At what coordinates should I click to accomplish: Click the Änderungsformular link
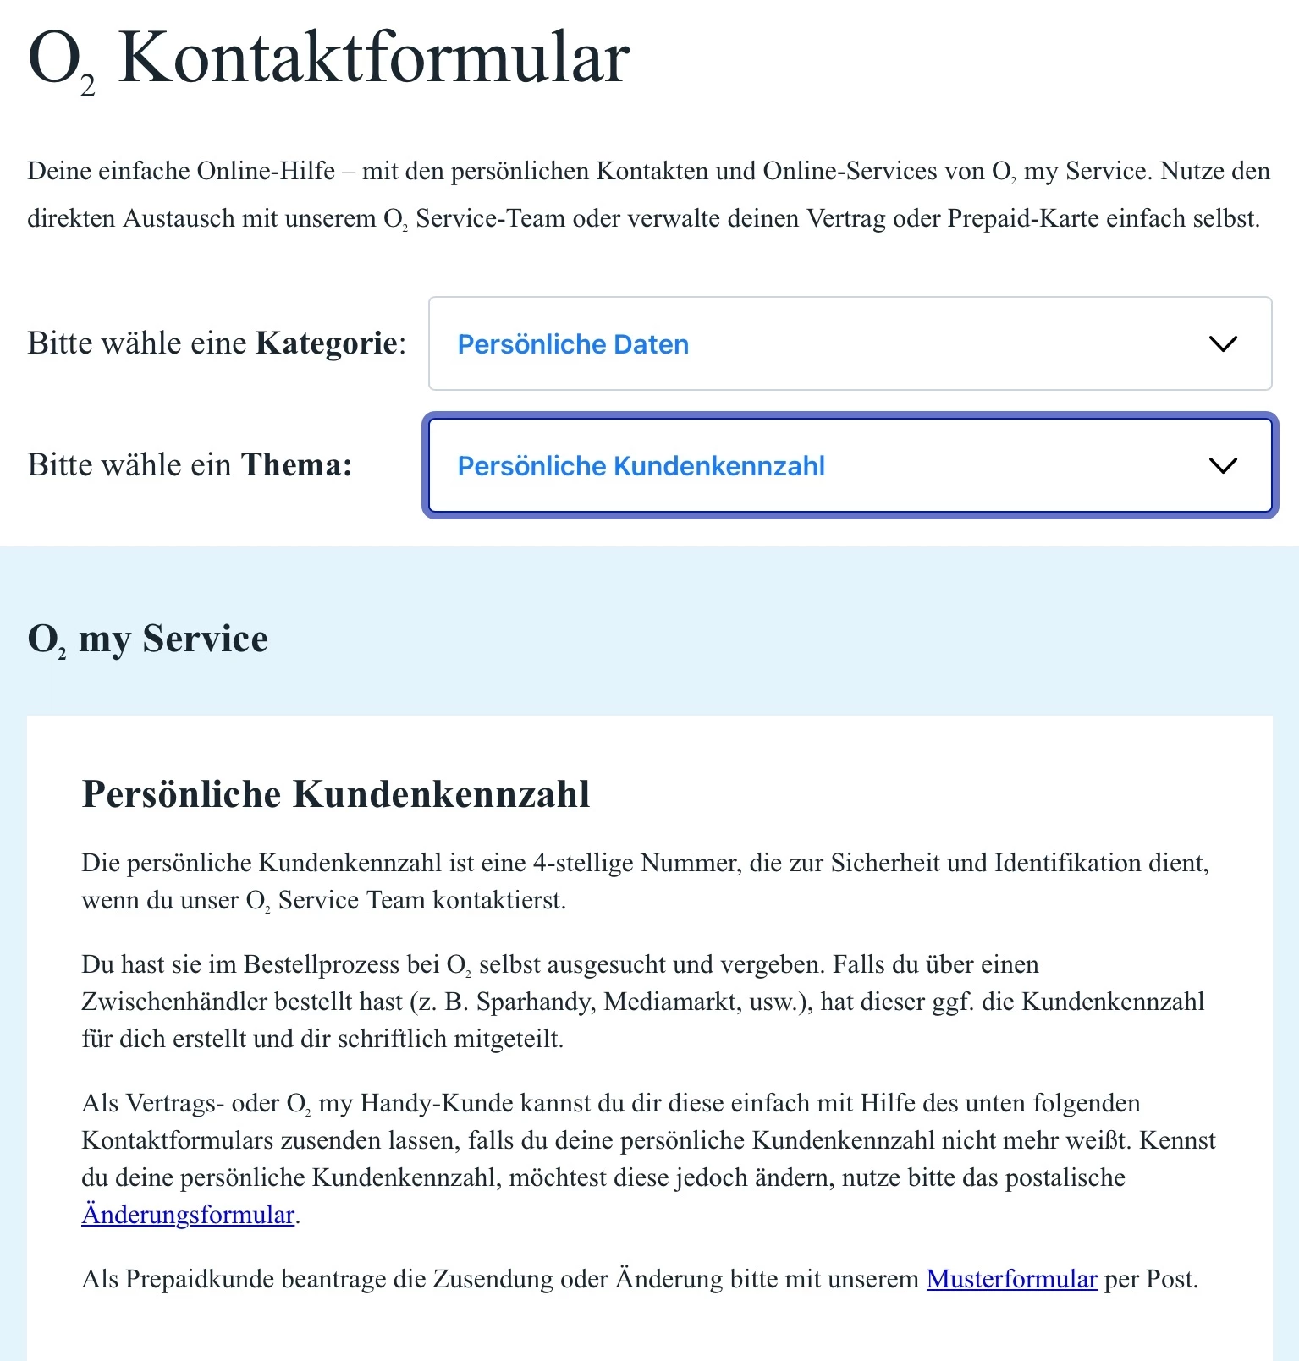[188, 1215]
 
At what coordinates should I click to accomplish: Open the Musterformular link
[1011, 1279]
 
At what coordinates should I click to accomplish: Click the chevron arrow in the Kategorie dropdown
[1223, 343]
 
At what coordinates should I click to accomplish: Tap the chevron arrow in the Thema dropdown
[1223, 465]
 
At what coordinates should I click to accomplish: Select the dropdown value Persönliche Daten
[573, 344]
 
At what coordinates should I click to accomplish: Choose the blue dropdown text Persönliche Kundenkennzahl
[641, 466]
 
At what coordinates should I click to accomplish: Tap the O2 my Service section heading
[148, 639]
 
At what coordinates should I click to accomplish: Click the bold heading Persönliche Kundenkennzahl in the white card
[336, 794]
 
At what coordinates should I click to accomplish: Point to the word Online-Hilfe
[266, 171]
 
